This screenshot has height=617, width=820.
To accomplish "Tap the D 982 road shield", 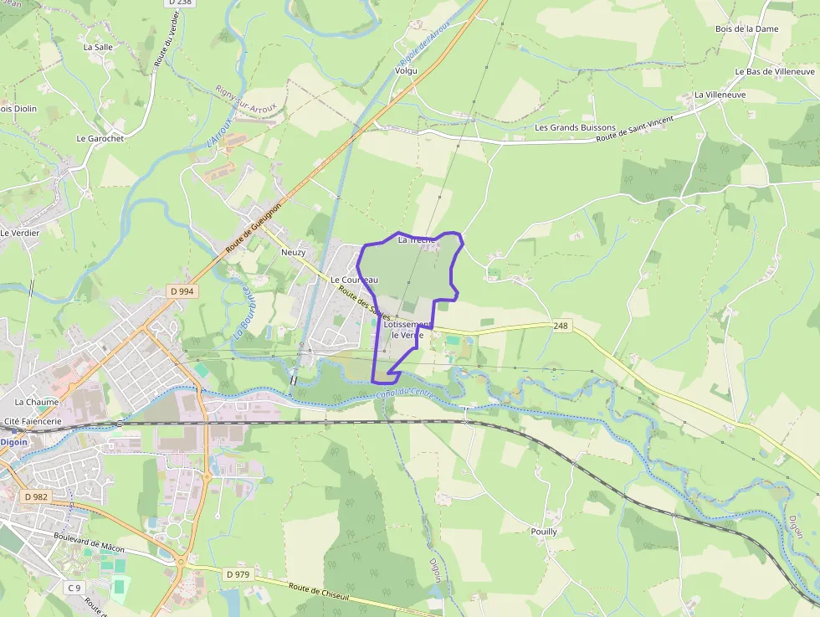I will [37, 496].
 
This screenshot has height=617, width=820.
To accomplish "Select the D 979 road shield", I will [238, 573].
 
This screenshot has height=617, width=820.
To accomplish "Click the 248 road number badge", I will [561, 325].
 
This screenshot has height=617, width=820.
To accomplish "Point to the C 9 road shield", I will [74, 588].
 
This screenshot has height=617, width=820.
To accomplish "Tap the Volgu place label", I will [406, 72].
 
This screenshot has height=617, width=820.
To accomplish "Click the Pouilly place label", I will [544, 532].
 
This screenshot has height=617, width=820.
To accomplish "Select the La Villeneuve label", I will [719, 95].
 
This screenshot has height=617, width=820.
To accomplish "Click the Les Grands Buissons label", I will [575, 128].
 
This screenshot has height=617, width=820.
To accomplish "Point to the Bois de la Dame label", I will [746, 28].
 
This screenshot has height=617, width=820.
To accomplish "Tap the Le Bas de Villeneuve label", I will [775, 72].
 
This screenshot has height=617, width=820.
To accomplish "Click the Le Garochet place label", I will [100, 138].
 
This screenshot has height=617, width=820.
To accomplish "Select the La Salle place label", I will [98, 48].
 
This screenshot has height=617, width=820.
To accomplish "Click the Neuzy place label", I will [293, 252].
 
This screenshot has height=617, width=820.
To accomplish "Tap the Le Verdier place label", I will [20, 233].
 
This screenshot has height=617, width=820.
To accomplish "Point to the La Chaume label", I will [36, 403].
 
